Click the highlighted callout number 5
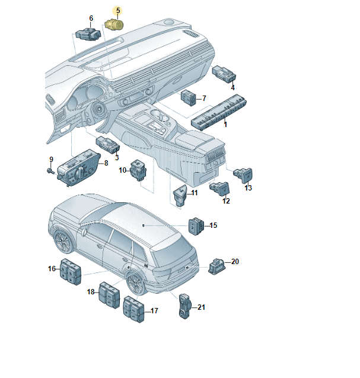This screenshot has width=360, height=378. point(118,11)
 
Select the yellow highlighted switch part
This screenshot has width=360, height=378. point(114,24)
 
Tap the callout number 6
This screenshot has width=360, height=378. point(91,18)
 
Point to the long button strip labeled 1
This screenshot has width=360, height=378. point(219,112)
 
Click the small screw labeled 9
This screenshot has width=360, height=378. point(50,171)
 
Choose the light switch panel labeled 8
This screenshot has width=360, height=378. point(78,168)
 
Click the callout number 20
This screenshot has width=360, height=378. point(235,262)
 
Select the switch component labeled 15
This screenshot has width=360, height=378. point(196,226)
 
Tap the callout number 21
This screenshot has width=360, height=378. point(201,307)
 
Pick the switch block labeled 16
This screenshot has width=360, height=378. point(71,272)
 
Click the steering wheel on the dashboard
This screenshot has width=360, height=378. point(98,109)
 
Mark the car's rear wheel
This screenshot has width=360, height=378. point(136,282)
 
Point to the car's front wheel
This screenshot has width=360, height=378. point(63,242)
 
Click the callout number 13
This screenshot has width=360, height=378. point(248,188)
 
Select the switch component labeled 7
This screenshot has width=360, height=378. point(188,98)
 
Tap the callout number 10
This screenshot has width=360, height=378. point(122,170)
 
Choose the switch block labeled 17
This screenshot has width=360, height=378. point(133,309)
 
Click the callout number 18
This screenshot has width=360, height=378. point(91,292)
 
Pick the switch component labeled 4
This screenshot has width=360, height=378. point(224,74)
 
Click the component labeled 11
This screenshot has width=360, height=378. point(180,195)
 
